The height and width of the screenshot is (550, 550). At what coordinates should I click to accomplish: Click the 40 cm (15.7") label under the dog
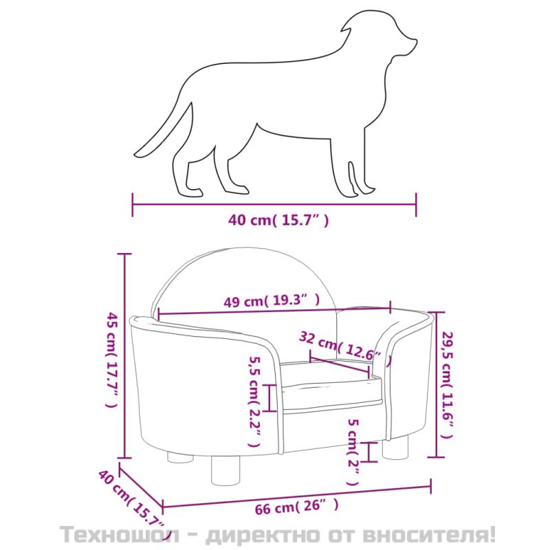(x=278, y=220)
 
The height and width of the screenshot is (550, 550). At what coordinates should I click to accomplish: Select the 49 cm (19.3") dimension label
(x=272, y=300)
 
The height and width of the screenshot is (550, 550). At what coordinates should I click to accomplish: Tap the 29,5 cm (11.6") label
(x=448, y=384)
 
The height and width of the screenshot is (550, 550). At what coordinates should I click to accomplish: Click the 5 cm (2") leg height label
(x=353, y=452)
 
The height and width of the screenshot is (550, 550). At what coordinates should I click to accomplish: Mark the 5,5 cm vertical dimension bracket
(x=269, y=398)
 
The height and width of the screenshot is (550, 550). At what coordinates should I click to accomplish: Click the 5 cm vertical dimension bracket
(x=368, y=452)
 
